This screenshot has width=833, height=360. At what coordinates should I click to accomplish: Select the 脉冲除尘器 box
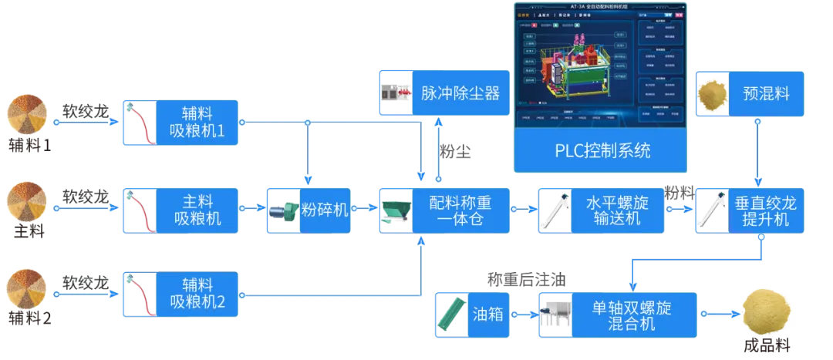pyautogui.click(x=440, y=93)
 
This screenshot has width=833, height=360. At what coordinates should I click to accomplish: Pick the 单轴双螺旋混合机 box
pyautogui.click(x=617, y=315)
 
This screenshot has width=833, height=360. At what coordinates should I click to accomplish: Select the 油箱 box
pyautogui.click(x=472, y=315)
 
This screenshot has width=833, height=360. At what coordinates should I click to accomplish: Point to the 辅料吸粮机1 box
pyautogui.click(x=180, y=123)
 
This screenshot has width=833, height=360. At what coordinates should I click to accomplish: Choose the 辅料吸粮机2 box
pyautogui.click(x=180, y=294)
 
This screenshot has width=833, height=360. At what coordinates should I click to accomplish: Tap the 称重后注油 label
pyautogui.click(x=526, y=280)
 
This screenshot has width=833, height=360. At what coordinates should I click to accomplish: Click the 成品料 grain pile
pyautogui.click(x=767, y=311)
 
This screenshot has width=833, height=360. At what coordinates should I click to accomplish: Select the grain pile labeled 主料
pyautogui.click(x=29, y=202)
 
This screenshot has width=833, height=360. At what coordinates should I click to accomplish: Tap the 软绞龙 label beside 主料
pyautogui.click(x=86, y=196)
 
